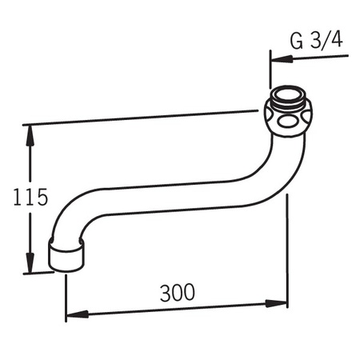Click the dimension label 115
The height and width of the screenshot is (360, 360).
[30, 197]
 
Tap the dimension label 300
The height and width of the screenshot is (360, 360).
[178, 293]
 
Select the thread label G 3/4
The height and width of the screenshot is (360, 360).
[316, 41]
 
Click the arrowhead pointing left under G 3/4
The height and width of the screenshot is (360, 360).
[282, 58]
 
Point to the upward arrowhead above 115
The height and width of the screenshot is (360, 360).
[30, 135]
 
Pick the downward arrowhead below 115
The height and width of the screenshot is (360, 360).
[30, 262]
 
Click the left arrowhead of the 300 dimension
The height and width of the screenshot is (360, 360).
[78, 314]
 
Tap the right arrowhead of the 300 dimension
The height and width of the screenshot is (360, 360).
[276, 304]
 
